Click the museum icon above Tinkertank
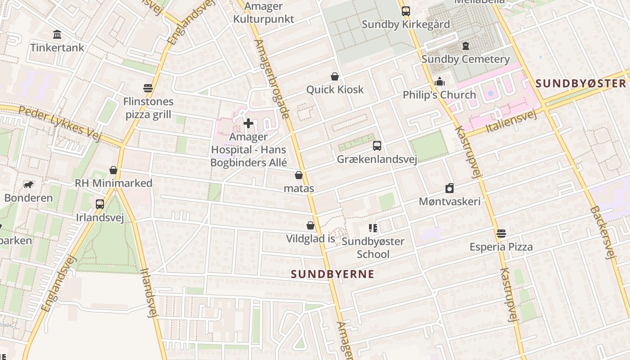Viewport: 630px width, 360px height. click(57, 35)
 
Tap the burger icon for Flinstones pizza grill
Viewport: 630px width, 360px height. click(148, 88)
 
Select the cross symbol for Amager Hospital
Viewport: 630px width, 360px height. click(248, 123)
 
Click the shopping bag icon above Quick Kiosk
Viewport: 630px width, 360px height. click(335, 76)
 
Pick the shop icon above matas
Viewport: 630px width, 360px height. click(299, 175)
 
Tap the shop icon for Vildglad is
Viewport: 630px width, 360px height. click(310, 225)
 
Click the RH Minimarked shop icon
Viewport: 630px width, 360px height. click(113, 170)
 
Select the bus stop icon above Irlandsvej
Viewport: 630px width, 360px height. click(100, 204)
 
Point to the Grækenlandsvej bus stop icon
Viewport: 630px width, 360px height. click(377, 146)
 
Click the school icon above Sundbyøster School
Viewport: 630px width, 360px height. click(373, 228)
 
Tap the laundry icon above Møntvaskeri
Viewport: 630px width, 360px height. click(450, 188)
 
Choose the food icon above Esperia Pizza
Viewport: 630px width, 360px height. click(501, 234)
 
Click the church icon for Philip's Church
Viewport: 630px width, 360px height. click(440, 82)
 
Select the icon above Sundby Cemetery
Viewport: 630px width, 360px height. click(466, 46)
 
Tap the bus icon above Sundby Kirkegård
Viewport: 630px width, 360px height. click(406, 11)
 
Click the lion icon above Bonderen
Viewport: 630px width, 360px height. click(28, 184)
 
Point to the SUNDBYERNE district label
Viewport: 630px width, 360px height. click(333, 274)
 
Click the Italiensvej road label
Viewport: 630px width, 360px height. click(512, 121)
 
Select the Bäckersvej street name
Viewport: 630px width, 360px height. click(603, 233)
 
